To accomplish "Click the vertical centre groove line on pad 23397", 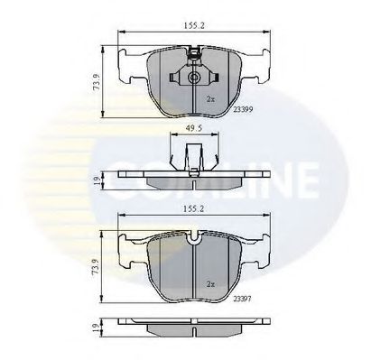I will coord(195,280).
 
